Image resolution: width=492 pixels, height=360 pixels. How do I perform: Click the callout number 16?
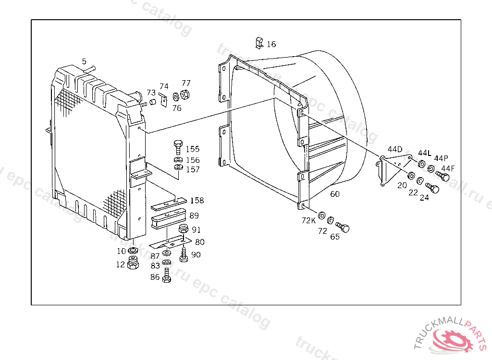click(271, 44)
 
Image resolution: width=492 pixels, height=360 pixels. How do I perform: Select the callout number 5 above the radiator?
click(84, 61)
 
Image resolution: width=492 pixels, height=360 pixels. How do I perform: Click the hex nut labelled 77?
click(186, 94)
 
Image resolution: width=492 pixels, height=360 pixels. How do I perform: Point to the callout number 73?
click(151, 92)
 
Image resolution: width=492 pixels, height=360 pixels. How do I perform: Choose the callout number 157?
click(193, 169)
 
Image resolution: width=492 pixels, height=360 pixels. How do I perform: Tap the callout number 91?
click(196, 229)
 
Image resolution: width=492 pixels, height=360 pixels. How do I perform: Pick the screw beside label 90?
click(184, 255)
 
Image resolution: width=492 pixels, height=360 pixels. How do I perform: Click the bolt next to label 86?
click(167, 276)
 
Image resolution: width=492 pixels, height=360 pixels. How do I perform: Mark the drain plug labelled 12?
click(134, 263)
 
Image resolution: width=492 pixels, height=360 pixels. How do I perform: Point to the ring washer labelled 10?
click(134, 251)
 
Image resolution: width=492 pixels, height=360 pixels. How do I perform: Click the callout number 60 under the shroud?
click(335, 194)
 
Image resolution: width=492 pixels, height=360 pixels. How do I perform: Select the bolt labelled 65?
click(343, 227)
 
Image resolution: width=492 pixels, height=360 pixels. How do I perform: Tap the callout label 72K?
click(308, 220)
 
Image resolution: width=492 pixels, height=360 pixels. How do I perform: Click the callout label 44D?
click(395, 149)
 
